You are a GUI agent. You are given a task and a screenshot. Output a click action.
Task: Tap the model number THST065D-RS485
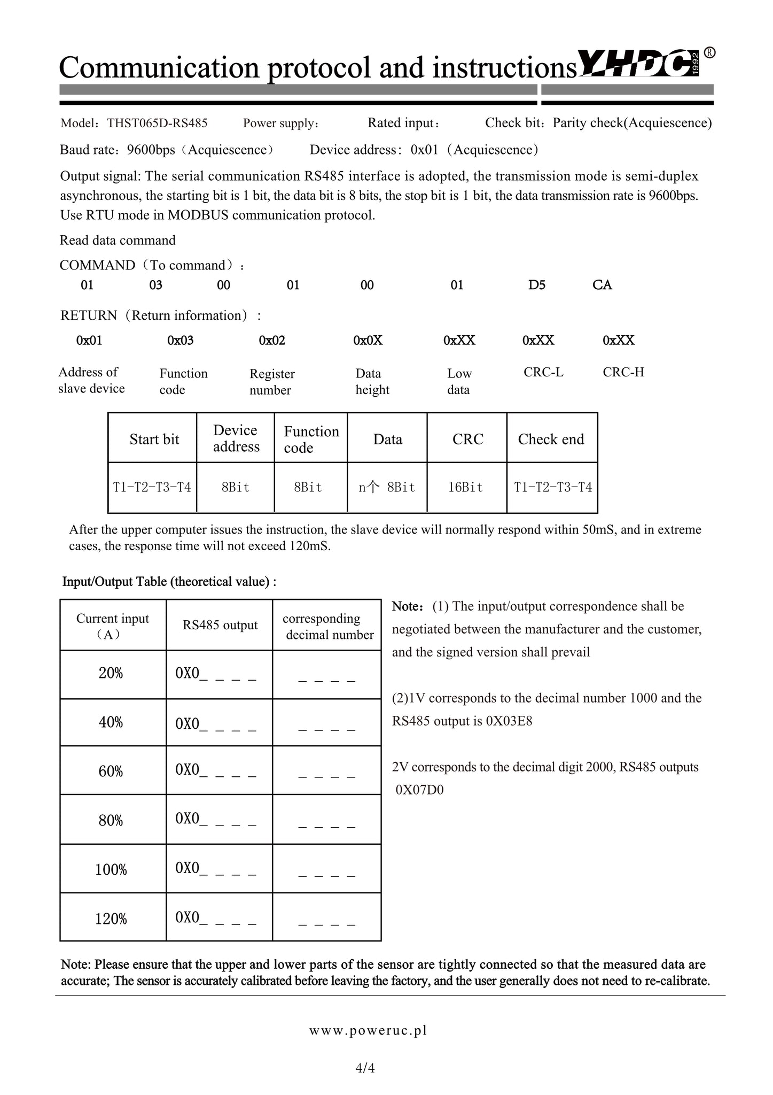(x=157, y=124)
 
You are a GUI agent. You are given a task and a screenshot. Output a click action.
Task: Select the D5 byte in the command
(x=536, y=285)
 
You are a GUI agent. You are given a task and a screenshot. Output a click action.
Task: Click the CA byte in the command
(x=602, y=285)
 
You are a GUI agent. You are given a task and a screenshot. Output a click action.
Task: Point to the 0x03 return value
(x=181, y=341)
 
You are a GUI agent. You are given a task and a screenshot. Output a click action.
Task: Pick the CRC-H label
(x=623, y=372)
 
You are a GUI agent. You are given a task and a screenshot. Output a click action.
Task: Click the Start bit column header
(x=154, y=439)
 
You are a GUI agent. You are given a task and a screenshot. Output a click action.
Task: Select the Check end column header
(x=551, y=439)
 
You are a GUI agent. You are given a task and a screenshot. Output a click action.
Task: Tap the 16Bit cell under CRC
(x=465, y=488)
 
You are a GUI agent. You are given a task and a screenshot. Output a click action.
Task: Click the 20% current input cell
(x=111, y=674)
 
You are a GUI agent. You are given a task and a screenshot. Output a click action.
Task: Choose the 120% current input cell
(x=111, y=919)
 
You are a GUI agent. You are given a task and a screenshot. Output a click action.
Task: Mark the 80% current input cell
(x=111, y=821)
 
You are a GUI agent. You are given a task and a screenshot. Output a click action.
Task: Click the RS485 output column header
(x=220, y=625)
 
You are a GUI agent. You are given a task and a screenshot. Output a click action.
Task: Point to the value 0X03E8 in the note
(x=509, y=721)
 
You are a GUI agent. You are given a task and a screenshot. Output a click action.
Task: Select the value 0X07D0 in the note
(x=420, y=790)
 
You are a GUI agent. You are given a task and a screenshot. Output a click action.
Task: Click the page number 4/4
(x=365, y=1068)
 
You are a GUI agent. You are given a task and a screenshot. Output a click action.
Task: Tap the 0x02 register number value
(x=272, y=341)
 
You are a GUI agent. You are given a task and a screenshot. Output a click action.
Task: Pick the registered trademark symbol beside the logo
(x=709, y=52)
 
